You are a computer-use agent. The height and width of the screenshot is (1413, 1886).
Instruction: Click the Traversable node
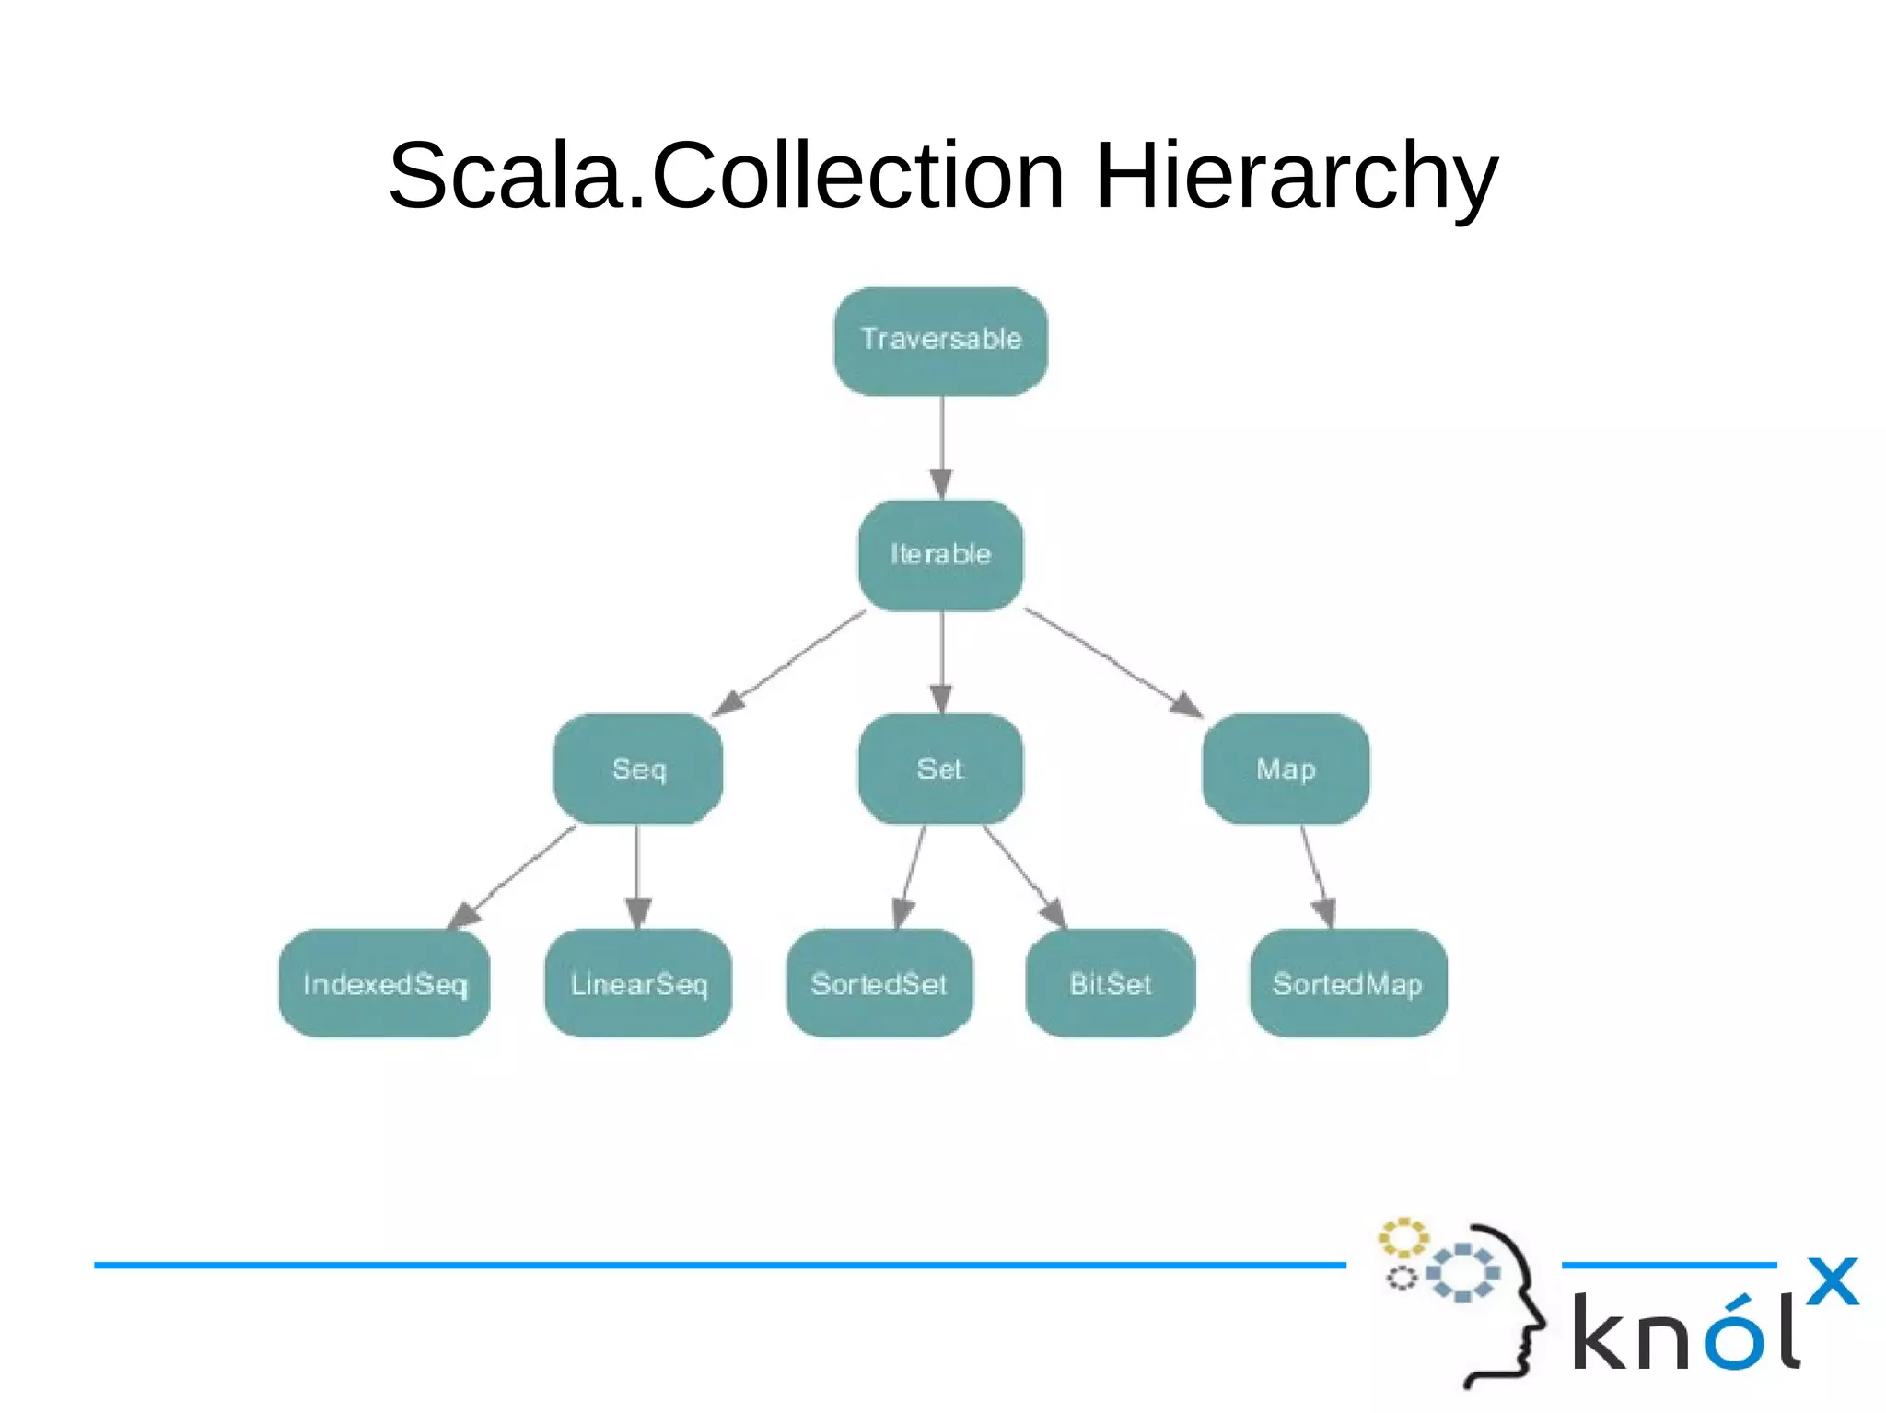click(940, 341)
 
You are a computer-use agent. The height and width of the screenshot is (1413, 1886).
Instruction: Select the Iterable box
click(940, 554)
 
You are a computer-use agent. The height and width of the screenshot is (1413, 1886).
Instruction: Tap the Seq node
click(637, 769)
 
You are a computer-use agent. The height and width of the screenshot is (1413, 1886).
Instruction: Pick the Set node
click(940, 769)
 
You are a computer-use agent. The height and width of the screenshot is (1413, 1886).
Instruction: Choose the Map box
click(1286, 769)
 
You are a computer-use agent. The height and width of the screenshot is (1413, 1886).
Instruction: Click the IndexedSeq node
click(384, 983)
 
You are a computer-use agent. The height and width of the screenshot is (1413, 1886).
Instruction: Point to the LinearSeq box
click(638, 983)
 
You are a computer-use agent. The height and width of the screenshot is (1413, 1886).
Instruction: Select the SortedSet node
click(879, 983)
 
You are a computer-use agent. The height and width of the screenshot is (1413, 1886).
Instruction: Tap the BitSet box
click(1110, 983)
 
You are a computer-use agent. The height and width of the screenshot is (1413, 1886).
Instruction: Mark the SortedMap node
click(1348, 983)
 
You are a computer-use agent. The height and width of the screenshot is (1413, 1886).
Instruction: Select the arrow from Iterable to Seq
click(790, 663)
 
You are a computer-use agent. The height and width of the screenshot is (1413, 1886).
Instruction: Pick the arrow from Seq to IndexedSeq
click(512, 877)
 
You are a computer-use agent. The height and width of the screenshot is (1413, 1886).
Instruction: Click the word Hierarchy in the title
click(1297, 177)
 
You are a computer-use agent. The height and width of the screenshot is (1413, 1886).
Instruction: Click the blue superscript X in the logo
click(1832, 1280)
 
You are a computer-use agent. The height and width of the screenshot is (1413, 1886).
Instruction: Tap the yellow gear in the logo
click(1403, 1238)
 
